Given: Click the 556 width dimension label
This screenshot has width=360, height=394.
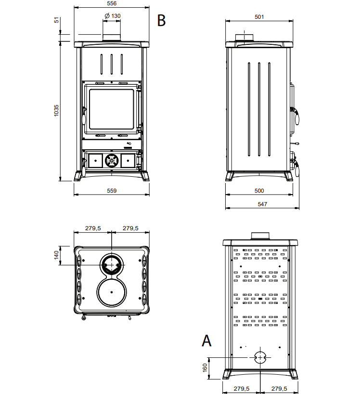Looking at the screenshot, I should (112, 3).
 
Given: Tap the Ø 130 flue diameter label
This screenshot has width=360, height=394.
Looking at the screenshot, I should (112, 16).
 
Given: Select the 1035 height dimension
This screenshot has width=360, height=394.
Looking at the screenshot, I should (56, 110).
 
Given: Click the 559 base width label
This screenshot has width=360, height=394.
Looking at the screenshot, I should (112, 190).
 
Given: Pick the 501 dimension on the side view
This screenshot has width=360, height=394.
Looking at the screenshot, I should (259, 16).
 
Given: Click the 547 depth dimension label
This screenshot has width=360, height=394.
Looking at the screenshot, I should (262, 204).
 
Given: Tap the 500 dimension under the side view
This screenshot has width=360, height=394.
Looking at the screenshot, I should (259, 190).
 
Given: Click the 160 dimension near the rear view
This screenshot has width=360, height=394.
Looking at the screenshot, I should (205, 368).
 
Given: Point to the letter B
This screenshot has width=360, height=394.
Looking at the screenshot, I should (161, 21).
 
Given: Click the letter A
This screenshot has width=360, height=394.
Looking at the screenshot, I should (206, 341).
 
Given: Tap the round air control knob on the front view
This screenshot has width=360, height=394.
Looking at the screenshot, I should (112, 160).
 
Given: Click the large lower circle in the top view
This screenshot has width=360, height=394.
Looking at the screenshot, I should (112, 292).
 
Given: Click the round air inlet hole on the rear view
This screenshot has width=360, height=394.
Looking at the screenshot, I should (259, 357).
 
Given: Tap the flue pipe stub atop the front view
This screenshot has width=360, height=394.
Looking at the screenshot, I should (112, 38).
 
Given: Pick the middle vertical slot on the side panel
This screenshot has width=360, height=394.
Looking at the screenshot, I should (259, 110).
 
